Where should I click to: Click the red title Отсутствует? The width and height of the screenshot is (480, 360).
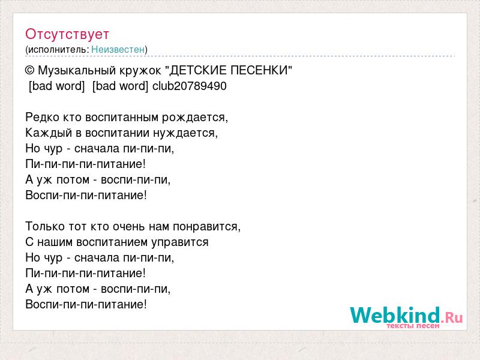[x=67, y=34]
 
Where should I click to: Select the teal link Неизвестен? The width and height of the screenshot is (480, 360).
[x=118, y=49]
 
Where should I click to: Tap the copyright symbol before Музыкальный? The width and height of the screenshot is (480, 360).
[x=29, y=71]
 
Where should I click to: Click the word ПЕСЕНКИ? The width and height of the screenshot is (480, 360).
[x=258, y=70]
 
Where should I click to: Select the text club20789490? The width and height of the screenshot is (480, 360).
[x=190, y=86]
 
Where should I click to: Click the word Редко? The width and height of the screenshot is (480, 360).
[x=42, y=118]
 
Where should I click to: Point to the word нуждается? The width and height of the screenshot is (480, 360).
[x=184, y=133]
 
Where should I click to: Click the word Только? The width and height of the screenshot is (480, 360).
[x=45, y=227]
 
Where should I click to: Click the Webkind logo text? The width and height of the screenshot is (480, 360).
[x=395, y=315]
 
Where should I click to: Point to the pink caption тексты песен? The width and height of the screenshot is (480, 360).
[x=413, y=326]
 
